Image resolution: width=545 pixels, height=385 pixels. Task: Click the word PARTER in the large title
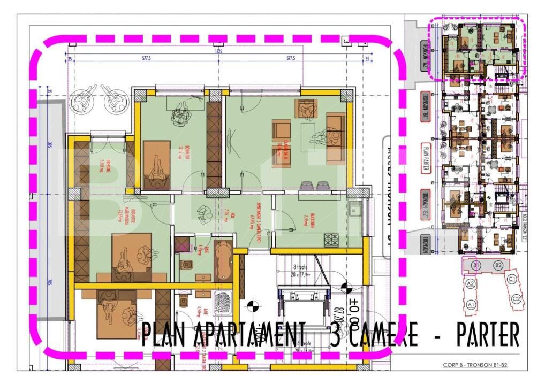coord(487,335)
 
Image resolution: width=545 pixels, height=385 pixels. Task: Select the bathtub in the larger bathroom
coord(223,260)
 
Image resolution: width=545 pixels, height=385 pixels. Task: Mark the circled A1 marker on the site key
coord(471,304)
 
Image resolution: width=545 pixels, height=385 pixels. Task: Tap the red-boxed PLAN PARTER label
coord(426,158)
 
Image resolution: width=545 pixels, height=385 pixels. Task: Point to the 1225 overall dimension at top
coord(218,52)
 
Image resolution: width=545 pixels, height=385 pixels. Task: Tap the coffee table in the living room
coord(308,137)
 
